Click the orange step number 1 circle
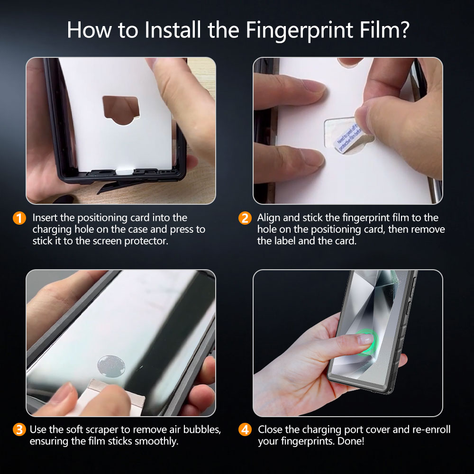[19, 219]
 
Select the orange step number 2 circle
[245, 219]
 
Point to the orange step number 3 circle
[19, 430]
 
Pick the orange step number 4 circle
[245, 430]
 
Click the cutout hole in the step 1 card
[120, 109]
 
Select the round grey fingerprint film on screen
[111, 365]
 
